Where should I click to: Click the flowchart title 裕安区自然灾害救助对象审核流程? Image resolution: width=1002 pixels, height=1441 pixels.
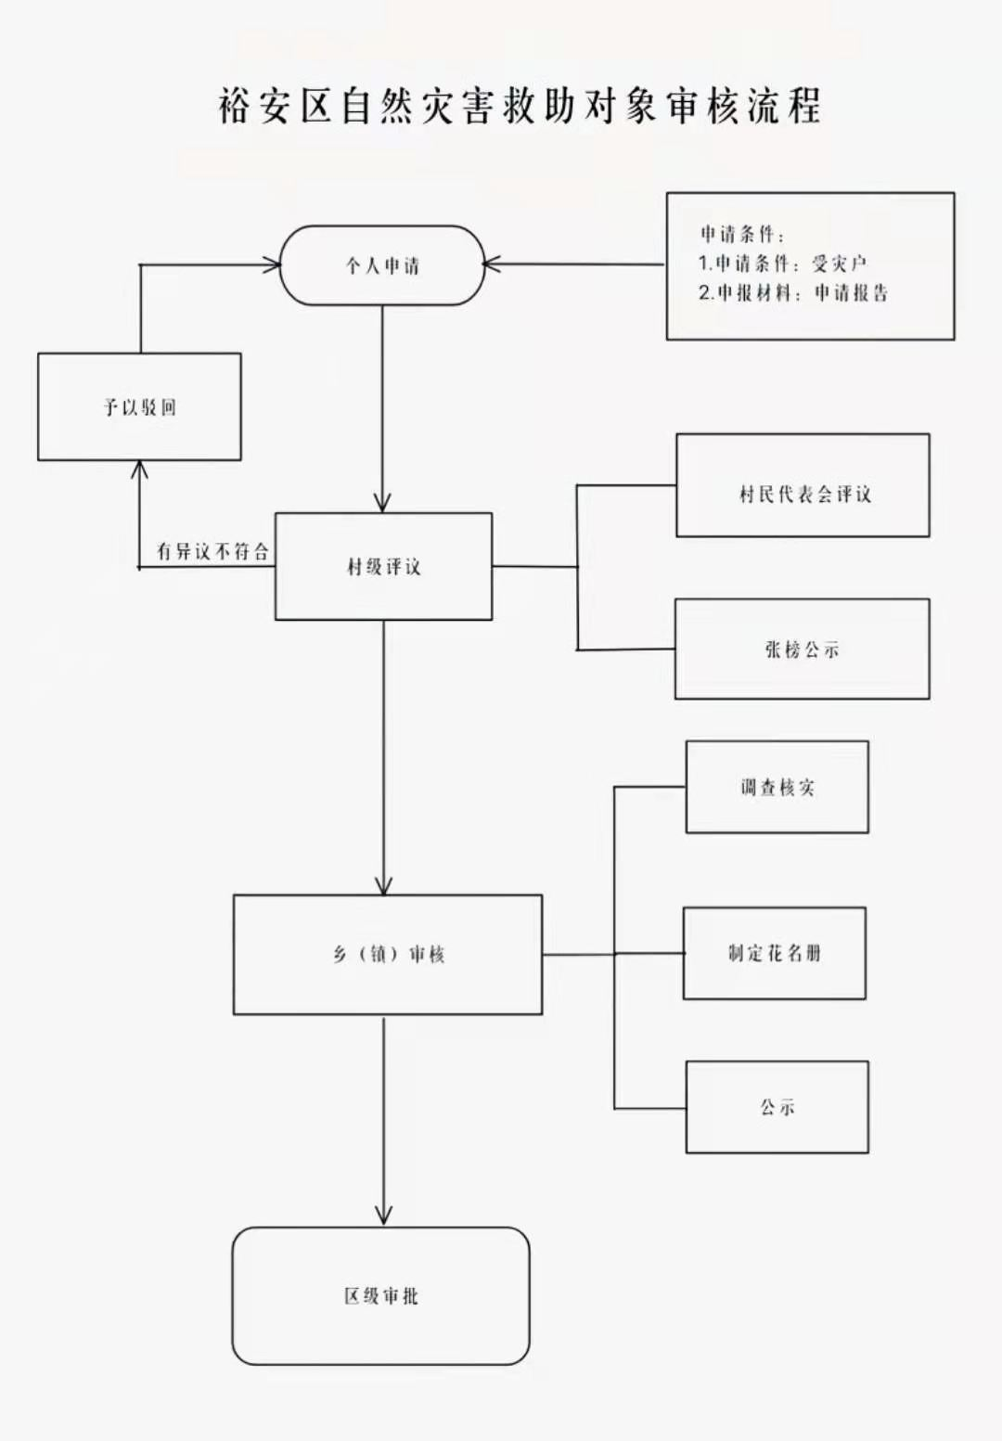(x=520, y=106)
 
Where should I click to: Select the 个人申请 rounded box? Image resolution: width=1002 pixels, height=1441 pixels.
(x=382, y=265)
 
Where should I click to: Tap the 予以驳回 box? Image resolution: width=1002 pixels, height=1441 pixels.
(x=139, y=406)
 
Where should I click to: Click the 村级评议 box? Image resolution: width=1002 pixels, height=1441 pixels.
(x=383, y=566)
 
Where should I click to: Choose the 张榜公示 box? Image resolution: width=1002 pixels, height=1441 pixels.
(x=802, y=650)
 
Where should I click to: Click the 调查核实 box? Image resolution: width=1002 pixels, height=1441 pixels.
(x=777, y=787)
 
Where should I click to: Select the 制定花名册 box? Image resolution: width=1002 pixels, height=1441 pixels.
(x=775, y=953)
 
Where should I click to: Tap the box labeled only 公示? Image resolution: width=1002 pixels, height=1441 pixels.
(x=777, y=1107)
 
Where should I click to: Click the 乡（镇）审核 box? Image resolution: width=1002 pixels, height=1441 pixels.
(x=388, y=954)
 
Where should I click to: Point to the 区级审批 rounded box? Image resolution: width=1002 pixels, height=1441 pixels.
(x=380, y=1295)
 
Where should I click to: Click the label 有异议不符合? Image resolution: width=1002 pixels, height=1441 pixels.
(x=212, y=551)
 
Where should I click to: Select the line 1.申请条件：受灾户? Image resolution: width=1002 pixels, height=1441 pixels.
(x=782, y=264)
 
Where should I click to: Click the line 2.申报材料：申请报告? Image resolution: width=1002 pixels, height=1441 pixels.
(x=793, y=293)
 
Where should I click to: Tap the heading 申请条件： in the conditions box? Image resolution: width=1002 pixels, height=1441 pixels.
(x=741, y=234)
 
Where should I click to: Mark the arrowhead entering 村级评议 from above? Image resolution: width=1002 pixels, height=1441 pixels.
(x=382, y=504)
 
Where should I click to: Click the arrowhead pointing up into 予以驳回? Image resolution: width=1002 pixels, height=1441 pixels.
(x=139, y=470)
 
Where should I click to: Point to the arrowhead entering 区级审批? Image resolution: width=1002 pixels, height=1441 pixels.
(x=383, y=1216)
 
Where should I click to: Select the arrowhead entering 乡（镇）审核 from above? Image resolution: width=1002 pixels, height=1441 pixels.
(x=383, y=885)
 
